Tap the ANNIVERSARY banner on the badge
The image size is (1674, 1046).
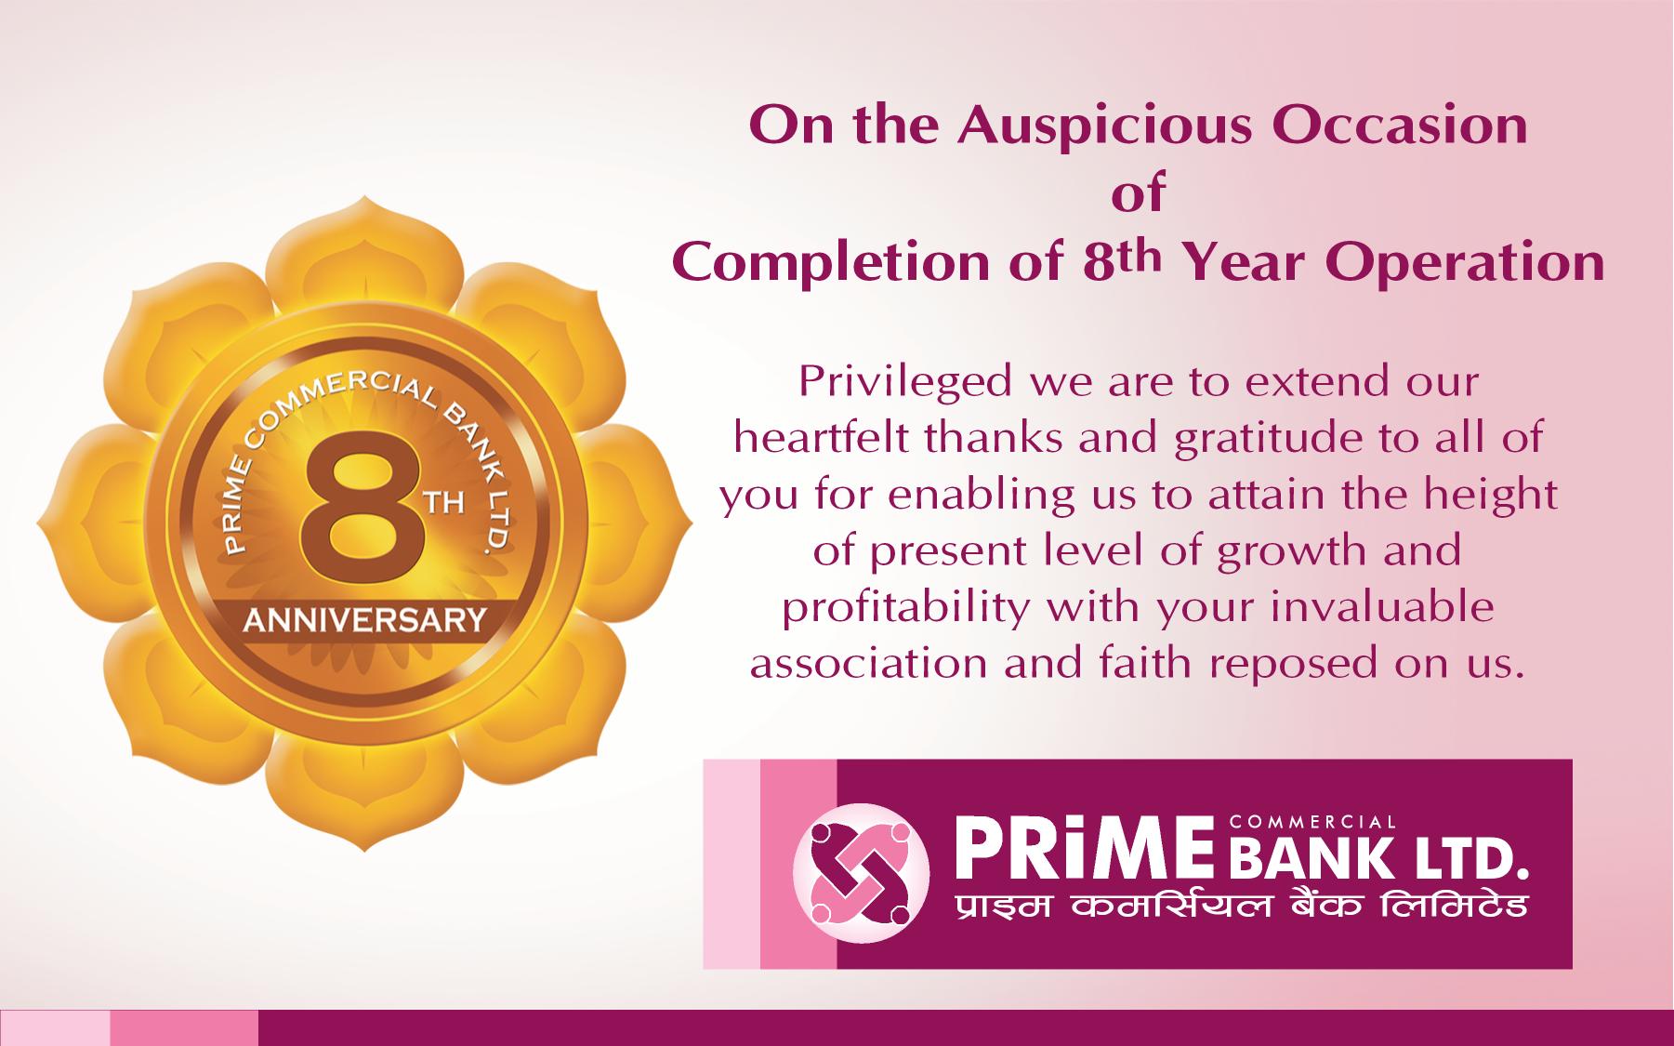pyautogui.click(x=364, y=619)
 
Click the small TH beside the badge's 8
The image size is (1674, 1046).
pyautogui.click(x=444, y=504)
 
